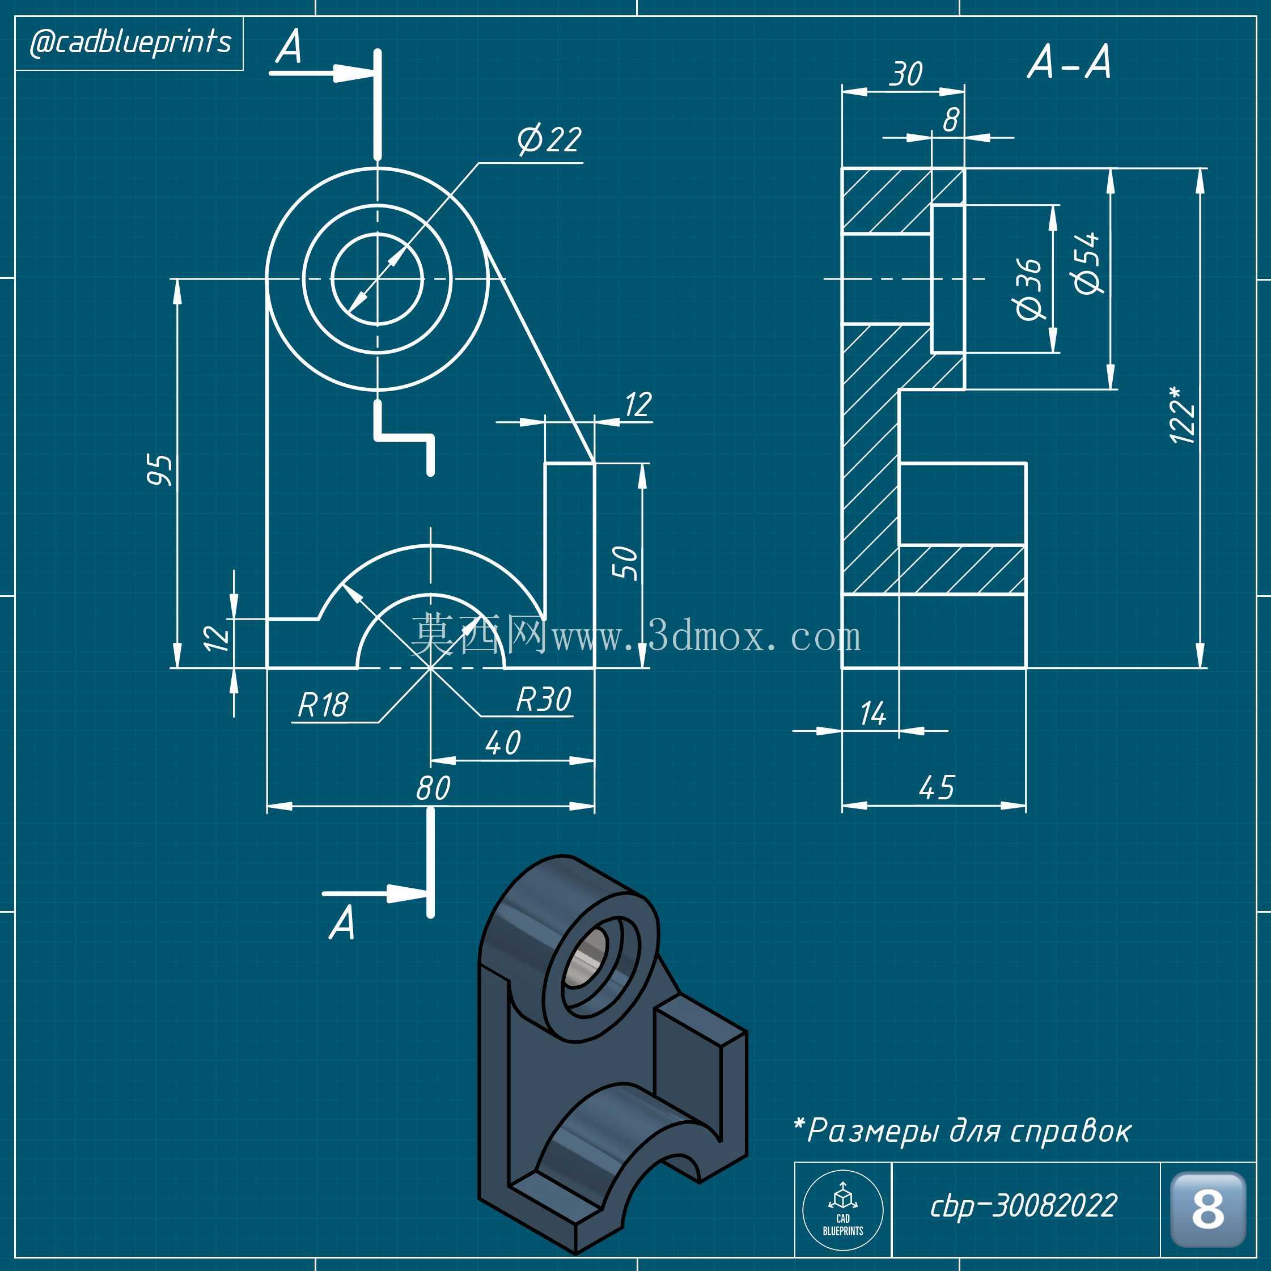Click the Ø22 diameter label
549,139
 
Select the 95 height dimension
160,470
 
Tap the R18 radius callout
323,705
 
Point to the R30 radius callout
544,700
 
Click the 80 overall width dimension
433,787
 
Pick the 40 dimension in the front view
503,743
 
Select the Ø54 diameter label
1086,262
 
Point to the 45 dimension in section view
937,787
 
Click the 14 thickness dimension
873,714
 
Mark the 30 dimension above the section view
906,74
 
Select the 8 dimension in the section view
951,120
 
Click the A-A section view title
1069,63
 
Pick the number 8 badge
1208,1209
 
